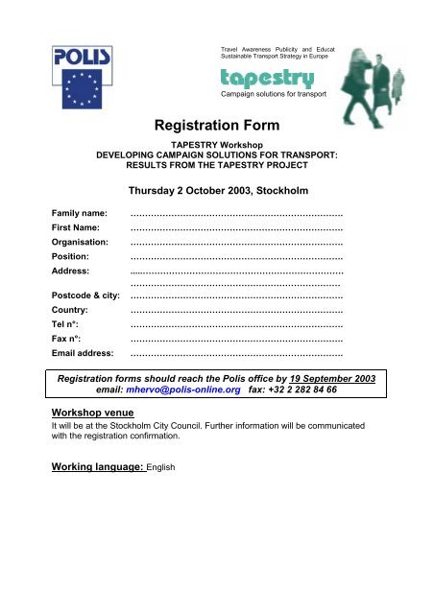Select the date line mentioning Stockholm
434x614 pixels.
(x=216, y=188)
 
